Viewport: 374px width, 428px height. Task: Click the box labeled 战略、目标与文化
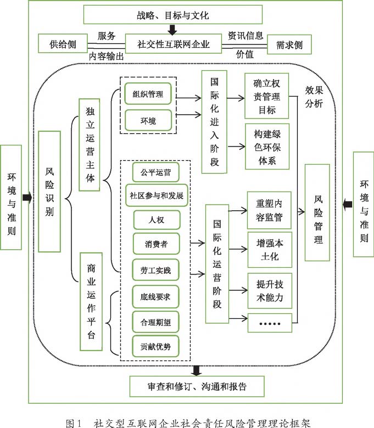(x=172, y=14)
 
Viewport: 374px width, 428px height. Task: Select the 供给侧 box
(x=63, y=43)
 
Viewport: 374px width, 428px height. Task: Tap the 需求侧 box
(x=289, y=44)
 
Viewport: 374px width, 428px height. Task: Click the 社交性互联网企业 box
(x=173, y=44)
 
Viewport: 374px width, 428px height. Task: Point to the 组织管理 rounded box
(x=148, y=94)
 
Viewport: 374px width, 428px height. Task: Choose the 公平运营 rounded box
(x=156, y=172)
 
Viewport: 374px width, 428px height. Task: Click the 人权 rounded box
(x=157, y=219)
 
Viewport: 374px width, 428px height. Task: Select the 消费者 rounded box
(x=156, y=244)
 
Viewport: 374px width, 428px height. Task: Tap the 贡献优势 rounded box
(x=155, y=346)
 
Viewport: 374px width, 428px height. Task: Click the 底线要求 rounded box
(x=155, y=297)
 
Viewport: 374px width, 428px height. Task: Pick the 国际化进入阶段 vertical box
(x=214, y=122)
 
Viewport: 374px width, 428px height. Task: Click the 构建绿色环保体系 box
(x=267, y=147)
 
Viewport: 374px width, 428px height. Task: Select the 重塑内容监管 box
(x=269, y=210)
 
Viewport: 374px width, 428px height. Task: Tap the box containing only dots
(x=270, y=323)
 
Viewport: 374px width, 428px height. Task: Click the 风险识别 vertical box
(x=49, y=192)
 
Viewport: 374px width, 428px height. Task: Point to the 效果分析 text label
(x=314, y=97)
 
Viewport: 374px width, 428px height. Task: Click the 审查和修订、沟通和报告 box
(x=197, y=386)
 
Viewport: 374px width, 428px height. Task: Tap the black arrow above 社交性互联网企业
(x=172, y=30)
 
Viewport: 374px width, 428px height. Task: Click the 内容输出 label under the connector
(x=107, y=56)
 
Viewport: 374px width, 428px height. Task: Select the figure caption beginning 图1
(x=188, y=423)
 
